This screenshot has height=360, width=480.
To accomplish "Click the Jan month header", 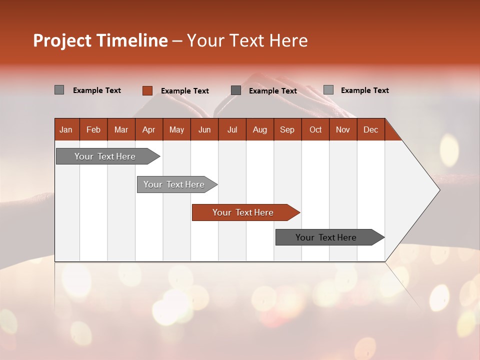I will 66,129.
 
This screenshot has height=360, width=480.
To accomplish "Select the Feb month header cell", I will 93,129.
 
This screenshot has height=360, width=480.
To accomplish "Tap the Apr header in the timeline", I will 149,129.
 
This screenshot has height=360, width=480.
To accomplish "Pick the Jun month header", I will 204,129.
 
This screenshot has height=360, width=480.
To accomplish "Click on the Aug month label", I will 260,129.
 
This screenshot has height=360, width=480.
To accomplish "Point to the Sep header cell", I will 287,129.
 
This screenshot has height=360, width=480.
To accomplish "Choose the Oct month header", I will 315,129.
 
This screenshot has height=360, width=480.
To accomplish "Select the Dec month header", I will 371,129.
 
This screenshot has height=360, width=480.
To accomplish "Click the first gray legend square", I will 59,90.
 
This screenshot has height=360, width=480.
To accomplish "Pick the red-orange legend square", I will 147,90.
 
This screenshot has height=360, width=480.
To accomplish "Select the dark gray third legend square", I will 236,90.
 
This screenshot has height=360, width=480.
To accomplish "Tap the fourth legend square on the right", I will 328,90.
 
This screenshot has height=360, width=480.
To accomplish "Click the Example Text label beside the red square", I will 184,91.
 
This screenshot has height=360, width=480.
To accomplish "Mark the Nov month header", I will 343,129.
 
